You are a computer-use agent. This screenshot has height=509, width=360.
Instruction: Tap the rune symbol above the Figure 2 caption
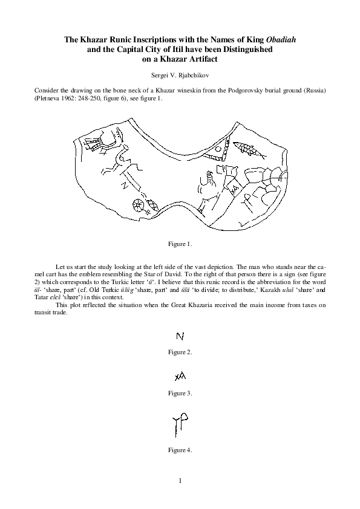pyautogui.click(x=180, y=336)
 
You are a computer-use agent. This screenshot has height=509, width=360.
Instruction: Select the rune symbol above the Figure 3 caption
pyautogui.click(x=180, y=377)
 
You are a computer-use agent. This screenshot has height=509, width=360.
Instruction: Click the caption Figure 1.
pyautogui.click(x=180, y=244)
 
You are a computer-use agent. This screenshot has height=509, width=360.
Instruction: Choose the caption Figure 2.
pyautogui.click(x=180, y=351)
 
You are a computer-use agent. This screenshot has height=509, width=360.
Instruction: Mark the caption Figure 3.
pyautogui.click(x=180, y=394)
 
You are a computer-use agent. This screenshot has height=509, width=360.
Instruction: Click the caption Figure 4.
pyautogui.click(x=180, y=449)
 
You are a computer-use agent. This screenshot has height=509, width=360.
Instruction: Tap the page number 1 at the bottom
pyautogui.click(x=180, y=481)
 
